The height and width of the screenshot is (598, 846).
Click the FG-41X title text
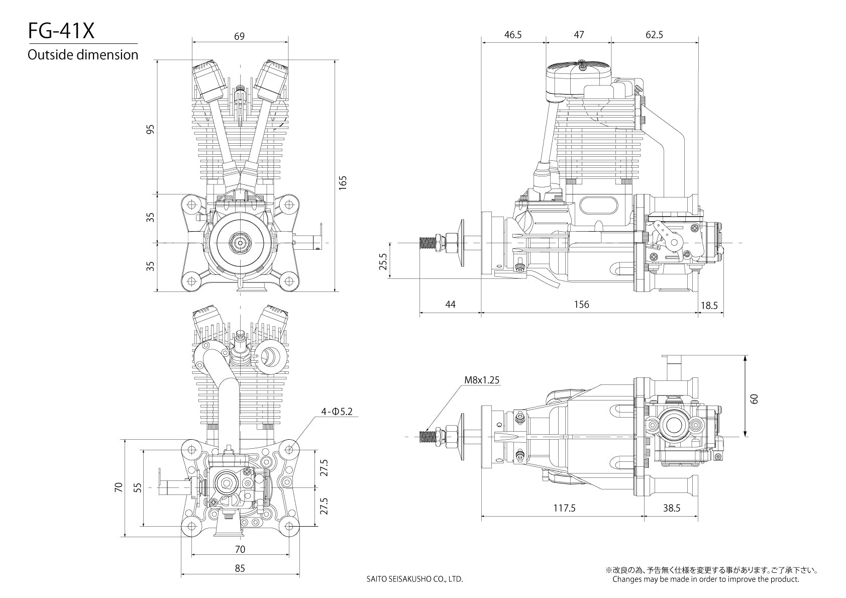pyautogui.click(x=61, y=32)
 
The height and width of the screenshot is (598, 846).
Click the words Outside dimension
pyautogui.click(x=83, y=55)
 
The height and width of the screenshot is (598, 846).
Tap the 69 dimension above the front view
pyautogui.click(x=240, y=36)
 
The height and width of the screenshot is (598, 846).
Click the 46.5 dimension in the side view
pyautogui.click(x=512, y=35)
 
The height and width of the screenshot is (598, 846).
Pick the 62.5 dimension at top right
pyautogui.click(x=654, y=35)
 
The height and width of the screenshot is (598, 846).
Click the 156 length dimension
pyautogui.click(x=581, y=305)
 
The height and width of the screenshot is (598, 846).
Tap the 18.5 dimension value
pyautogui.click(x=709, y=305)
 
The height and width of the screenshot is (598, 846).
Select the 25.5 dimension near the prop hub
pyautogui.click(x=383, y=261)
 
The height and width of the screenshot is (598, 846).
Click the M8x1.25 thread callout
pyautogui.click(x=482, y=380)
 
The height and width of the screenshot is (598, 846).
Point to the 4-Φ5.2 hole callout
pyautogui.click(x=337, y=412)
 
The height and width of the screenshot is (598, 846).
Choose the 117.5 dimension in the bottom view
pyautogui.click(x=564, y=508)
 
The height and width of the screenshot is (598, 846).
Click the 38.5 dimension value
pyautogui.click(x=671, y=508)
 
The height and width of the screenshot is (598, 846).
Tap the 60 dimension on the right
pyautogui.click(x=754, y=399)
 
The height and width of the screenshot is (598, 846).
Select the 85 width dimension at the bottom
pyautogui.click(x=240, y=568)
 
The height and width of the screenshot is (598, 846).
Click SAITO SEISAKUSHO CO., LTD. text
pyautogui.click(x=414, y=579)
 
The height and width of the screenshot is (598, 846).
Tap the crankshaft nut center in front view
pyautogui.click(x=240, y=243)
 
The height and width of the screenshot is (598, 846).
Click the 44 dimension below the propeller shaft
pyautogui.click(x=450, y=305)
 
